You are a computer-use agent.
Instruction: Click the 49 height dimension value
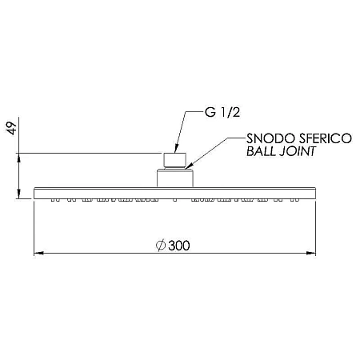click(12, 129)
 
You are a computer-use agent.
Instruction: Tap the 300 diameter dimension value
click(179, 246)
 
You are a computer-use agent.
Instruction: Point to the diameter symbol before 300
click(161, 246)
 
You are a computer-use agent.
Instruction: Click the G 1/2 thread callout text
click(222, 112)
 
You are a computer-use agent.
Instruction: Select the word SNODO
click(270, 138)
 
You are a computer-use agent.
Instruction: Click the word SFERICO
click(326, 138)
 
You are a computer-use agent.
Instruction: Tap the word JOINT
click(298, 151)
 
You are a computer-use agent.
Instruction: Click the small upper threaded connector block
click(174, 160)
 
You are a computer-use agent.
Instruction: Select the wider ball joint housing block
click(174, 178)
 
